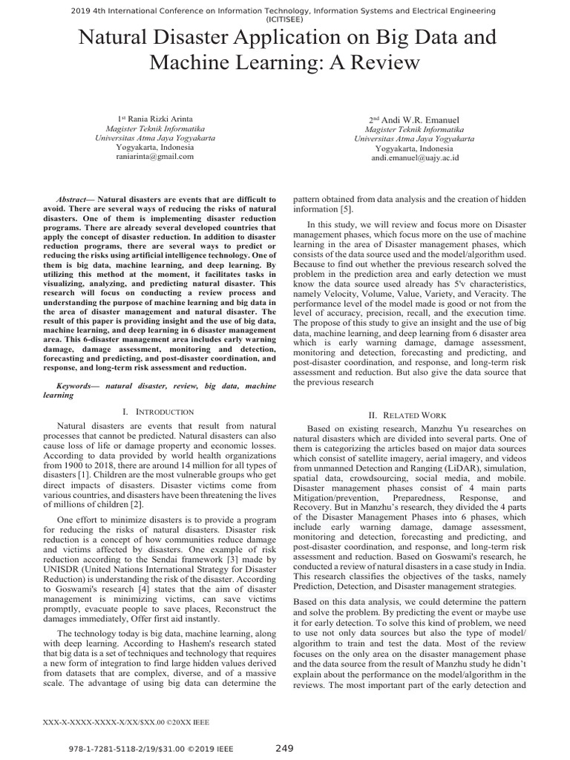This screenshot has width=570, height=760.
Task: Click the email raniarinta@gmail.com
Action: (x=155, y=157)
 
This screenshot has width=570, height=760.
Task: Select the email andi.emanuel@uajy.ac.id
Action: (x=415, y=157)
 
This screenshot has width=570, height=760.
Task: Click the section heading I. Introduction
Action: (x=158, y=411)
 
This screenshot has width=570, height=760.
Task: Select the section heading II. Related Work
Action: (x=410, y=415)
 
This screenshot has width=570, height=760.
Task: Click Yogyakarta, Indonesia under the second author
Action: (x=415, y=148)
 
